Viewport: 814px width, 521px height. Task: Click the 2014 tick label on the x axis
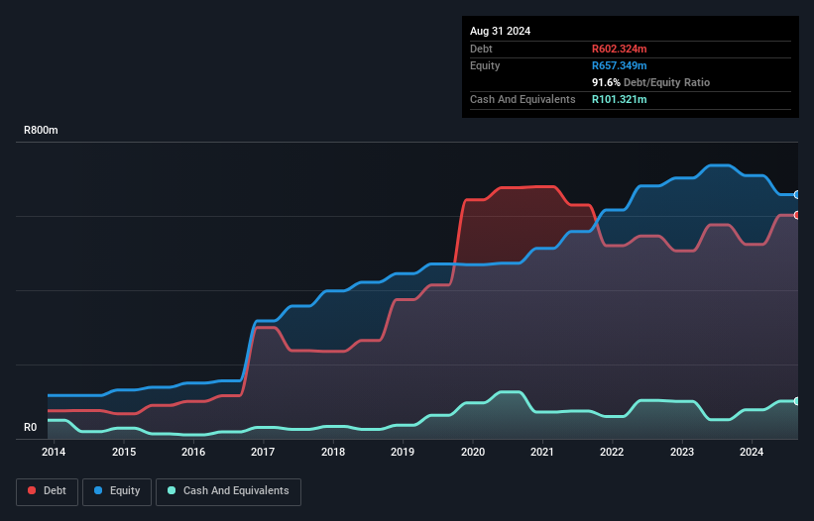[54, 453]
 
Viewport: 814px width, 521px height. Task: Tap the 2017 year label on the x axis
[263, 453]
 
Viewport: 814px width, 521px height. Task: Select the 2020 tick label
[472, 453]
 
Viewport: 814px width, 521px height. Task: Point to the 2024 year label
[752, 453]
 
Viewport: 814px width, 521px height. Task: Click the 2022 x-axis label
[612, 453]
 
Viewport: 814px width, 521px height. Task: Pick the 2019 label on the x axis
[403, 453]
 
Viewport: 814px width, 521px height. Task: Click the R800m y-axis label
[42, 131]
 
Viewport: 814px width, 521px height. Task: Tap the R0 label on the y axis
[31, 428]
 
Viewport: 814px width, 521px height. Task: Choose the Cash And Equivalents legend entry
[228, 491]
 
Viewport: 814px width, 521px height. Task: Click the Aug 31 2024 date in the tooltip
[501, 31]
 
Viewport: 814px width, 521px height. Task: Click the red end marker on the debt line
[797, 215]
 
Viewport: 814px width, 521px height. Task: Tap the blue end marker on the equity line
[797, 194]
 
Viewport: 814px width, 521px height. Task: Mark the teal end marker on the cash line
[797, 401]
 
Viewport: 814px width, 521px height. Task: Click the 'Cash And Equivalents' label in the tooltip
[523, 99]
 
